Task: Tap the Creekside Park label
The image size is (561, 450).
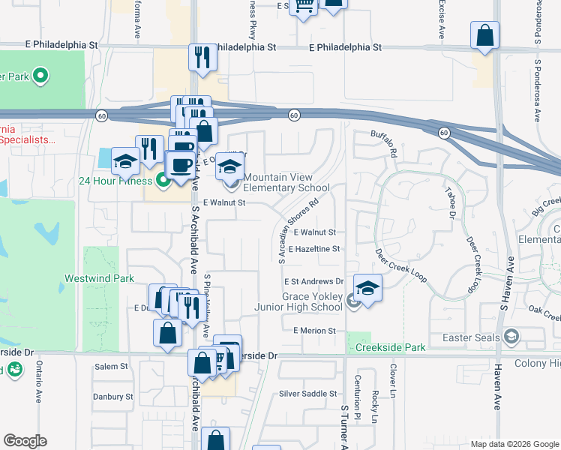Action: click(x=391, y=347)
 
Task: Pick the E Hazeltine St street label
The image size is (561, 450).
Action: click(x=313, y=248)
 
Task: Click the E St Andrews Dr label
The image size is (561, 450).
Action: click(x=313, y=282)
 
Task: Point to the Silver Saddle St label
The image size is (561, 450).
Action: click(x=307, y=394)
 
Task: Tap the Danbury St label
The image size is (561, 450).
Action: click(x=112, y=397)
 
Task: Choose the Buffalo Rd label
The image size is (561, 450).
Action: click(x=383, y=143)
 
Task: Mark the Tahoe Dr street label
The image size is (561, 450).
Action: click(x=451, y=202)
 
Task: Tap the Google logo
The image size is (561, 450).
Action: click(x=25, y=441)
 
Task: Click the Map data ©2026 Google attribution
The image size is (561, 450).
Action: click(x=514, y=444)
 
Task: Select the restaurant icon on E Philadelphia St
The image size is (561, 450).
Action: click(x=201, y=56)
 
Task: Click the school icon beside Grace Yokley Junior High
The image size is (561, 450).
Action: click(x=367, y=288)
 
